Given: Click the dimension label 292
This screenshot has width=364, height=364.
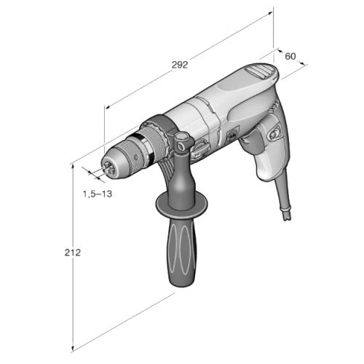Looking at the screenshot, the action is coord(180,65).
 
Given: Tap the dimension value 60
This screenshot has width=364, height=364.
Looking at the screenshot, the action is coord(290,56).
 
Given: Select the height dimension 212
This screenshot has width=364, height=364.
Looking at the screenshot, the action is coord(72,253).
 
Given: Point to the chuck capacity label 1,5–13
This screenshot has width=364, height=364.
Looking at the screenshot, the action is coord(98,194).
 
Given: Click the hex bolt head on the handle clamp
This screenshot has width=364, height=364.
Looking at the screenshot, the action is coord(181,138).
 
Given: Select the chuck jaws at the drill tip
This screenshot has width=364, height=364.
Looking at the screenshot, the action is coord(108,167).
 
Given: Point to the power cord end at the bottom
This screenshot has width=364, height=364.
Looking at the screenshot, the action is coord(286,213).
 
